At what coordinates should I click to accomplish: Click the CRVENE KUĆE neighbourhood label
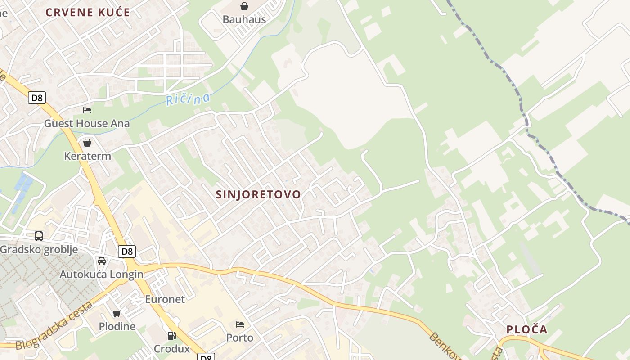[88, 13]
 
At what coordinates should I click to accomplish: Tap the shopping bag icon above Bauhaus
[244, 6]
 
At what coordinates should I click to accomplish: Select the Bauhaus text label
[244, 19]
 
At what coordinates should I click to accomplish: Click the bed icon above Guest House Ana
[87, 110]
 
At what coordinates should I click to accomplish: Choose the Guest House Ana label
[87, 123]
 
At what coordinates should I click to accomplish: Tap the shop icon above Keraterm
[87, 143]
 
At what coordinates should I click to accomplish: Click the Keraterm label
[87, 156]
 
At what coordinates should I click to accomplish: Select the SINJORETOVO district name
[258, 194]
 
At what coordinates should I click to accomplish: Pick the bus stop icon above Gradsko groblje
[39, 236]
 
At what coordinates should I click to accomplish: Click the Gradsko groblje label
[39, 249]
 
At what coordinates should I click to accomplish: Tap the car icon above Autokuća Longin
[102, 261]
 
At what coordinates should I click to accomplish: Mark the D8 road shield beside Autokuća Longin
[127, 252]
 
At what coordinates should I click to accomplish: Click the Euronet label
[165, 299]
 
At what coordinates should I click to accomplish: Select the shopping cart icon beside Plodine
[117, 313]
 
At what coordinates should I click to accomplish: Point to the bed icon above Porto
[240, 324]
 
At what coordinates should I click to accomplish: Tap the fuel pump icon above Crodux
[171, 336]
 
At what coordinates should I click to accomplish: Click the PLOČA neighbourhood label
[527, 329]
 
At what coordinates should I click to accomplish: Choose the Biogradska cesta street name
[54, 326]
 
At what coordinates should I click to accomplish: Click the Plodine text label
[117, 326]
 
